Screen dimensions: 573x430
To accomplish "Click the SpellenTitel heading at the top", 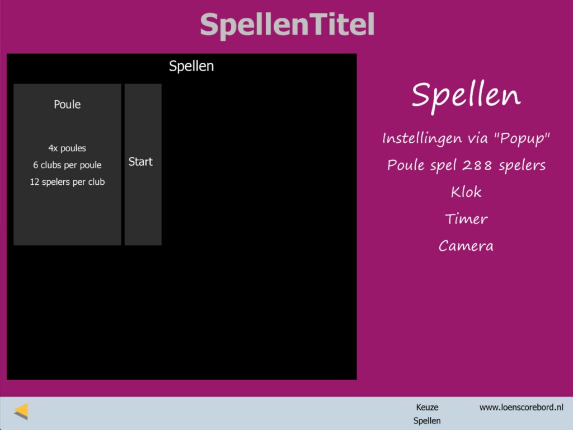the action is pos(287,25).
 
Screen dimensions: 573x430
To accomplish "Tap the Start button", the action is pos(143,164).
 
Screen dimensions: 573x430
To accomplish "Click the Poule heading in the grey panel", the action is pos(67,105).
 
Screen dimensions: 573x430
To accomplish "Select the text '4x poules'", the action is pos(67,148).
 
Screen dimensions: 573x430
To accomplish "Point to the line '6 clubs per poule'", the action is pos(67,165).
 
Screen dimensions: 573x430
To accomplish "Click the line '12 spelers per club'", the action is pos(67,182).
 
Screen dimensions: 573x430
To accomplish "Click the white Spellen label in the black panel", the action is pos(191,66).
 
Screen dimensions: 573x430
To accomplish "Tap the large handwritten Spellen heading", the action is pos(466,96).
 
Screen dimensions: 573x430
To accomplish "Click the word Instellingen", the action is pos(422,139).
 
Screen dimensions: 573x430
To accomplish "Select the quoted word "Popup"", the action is pos(522,138).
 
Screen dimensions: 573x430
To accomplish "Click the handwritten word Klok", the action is pos(466,192).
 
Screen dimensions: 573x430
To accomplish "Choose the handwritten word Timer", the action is pos(466,219).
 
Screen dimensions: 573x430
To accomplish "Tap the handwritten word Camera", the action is pos(466,246).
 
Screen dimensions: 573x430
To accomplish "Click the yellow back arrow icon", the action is pos(21,412).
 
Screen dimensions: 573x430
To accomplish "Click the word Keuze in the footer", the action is pos(427,408).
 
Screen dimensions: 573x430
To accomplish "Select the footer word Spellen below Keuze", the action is pos(427,421).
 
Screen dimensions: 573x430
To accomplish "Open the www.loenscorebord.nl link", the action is pos(522,408).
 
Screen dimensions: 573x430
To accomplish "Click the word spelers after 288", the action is pos(522,166).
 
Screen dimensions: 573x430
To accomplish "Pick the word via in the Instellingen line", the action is pos(478,139).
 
